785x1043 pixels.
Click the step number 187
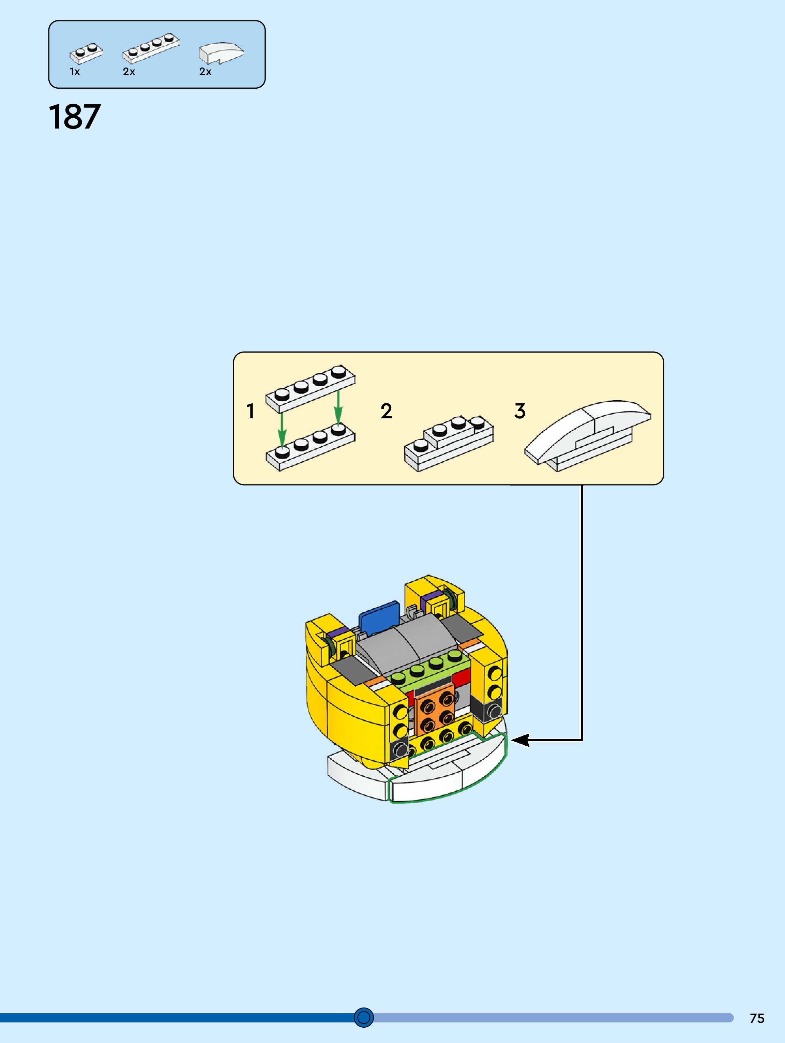[x=75, y=117]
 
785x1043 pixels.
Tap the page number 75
[x=757, y=1018]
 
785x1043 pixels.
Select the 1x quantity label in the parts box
[x=75, y=72]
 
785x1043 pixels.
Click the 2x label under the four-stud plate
[x=129, y=72]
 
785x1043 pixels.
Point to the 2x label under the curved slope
[x=205, y=72]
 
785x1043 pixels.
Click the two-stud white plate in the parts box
[x=86, y=53]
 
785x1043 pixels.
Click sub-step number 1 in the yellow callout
[x=250, y=411]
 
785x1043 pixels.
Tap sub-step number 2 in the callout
[x=386, y=411]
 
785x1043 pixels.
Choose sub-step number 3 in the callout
[x=519, y=411]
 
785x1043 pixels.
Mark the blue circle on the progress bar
[x=363, y=1017]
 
